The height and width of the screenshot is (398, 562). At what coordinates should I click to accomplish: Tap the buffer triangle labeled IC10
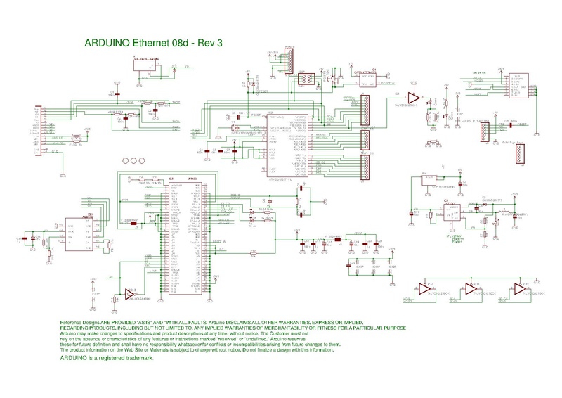424,288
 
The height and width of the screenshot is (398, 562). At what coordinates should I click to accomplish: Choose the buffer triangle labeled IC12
518,288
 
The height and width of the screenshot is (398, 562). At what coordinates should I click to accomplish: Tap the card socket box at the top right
516,86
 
